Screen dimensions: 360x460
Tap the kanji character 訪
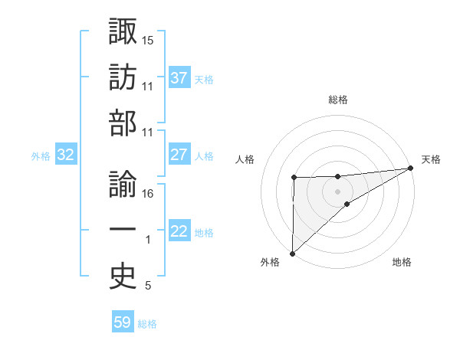pos(123,77)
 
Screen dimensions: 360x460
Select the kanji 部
pos(123,123)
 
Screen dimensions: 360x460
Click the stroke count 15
pos(148,39)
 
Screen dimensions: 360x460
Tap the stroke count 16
pos(148,194)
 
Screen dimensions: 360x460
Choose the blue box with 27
pos(179,155)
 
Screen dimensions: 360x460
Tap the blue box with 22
pos(179,232)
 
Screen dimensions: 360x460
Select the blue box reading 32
pos(66,155)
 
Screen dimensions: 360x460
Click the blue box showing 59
pos(123,322)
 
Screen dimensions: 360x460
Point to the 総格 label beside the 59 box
pos(147,323)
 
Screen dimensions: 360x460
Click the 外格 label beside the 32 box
pos(41,155)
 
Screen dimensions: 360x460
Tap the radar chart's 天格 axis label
pos(431,159)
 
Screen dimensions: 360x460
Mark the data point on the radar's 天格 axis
pos(411,168)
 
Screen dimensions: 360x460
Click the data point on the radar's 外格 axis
pos(292,253)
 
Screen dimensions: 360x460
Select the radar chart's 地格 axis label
pos(402,262)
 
